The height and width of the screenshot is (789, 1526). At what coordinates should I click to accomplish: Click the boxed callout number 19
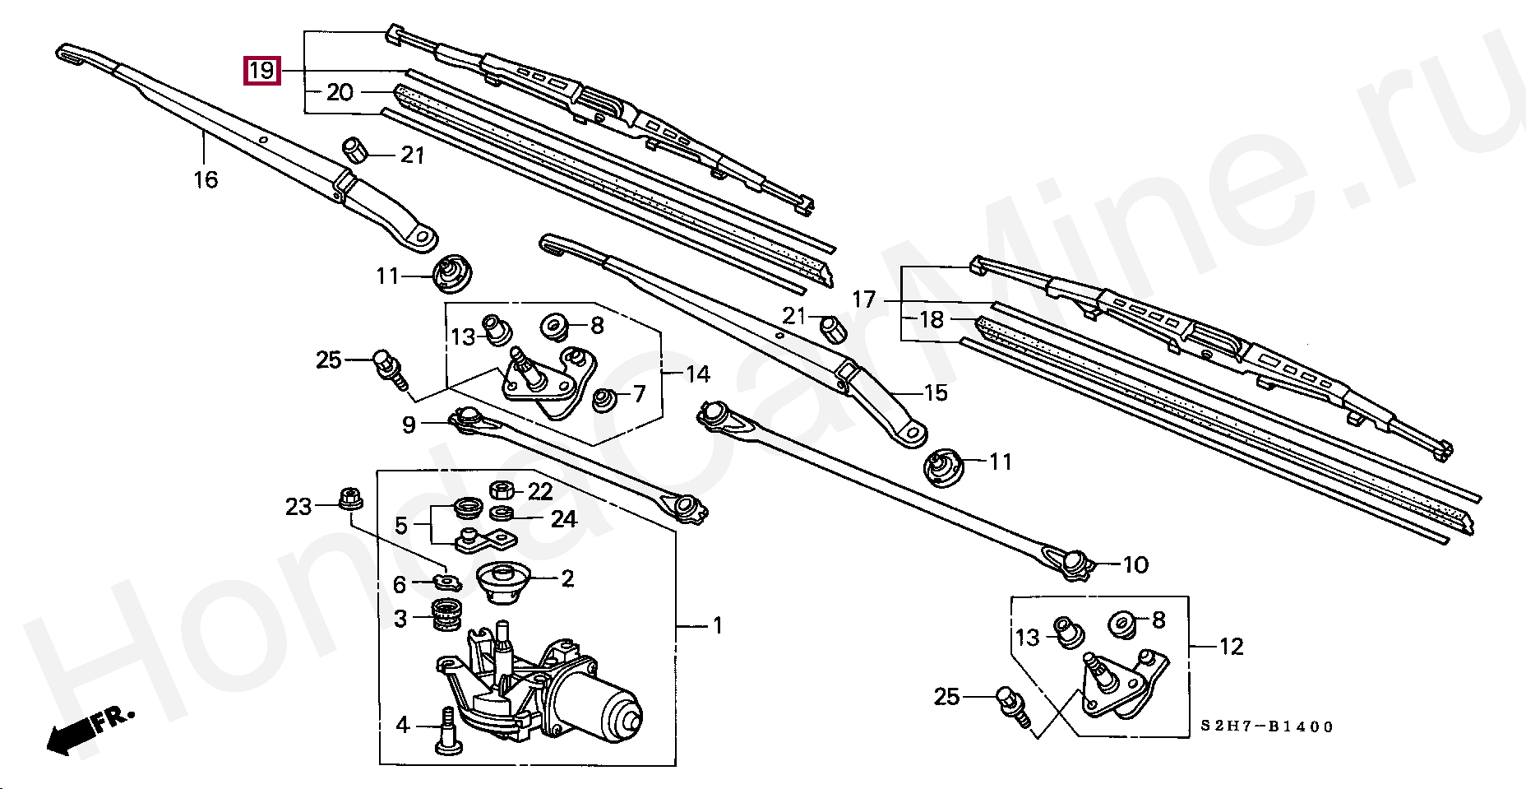click(261, 71)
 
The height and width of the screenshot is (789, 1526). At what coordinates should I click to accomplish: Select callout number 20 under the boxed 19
click(339, 92)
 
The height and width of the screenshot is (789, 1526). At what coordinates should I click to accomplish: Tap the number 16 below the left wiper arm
click(206, 179)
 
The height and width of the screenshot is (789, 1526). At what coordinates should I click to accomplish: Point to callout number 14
click(697, 374)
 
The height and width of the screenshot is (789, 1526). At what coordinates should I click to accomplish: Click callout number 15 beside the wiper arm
click(936, 392)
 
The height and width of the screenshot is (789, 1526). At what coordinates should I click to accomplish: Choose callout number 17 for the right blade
click(864, 299)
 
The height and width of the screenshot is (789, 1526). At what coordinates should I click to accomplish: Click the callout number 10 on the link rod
click(1135, 565)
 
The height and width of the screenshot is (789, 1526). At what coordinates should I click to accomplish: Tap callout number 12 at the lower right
click(1231, 647)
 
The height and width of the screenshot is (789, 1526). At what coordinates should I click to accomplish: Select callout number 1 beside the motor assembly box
click(717, 626)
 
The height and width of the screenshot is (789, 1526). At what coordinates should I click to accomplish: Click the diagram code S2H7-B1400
click(1267, 726)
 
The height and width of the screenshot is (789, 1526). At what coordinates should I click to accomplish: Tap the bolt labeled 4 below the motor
click(446, 729)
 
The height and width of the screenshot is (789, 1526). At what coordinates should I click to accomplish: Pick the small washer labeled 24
click(502, 515)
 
